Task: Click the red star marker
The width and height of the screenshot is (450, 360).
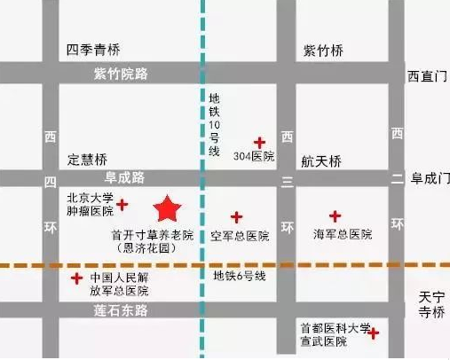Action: tap(168, 209)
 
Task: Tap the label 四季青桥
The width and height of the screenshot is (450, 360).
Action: tap(93, 49)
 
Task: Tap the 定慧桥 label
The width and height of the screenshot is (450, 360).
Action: tap(88, 160)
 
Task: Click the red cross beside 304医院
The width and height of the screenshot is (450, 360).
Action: tap(259, 142)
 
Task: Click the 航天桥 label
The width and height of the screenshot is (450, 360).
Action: tap(321, 161)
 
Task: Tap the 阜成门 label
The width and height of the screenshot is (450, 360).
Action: tap(430, 178)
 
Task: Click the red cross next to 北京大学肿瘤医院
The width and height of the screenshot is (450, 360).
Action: tap(122, 205)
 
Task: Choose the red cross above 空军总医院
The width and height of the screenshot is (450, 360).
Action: tap(236, 216)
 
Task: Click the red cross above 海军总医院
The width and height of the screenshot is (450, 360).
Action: tap(335, 215)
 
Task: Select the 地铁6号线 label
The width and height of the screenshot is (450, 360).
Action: tap(239, 276)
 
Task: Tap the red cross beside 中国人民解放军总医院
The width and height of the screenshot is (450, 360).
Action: tap(77, 279)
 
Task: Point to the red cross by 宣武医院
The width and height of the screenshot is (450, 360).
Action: tap(375, 333)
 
